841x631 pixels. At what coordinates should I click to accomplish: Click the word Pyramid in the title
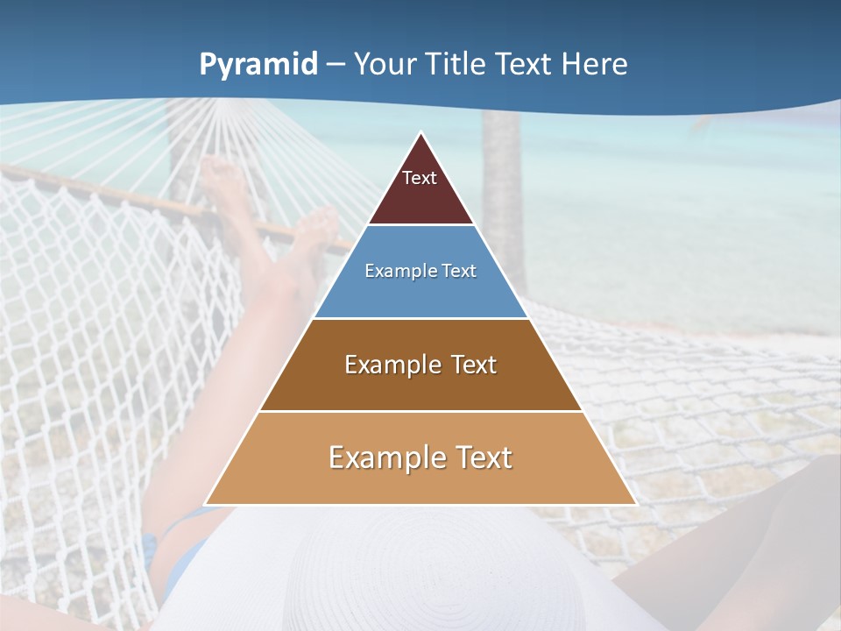[x=258, y=65]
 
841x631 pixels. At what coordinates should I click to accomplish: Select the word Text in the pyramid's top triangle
[x=420, y=178]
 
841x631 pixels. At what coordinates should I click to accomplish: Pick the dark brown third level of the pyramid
[x=420, y=390]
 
